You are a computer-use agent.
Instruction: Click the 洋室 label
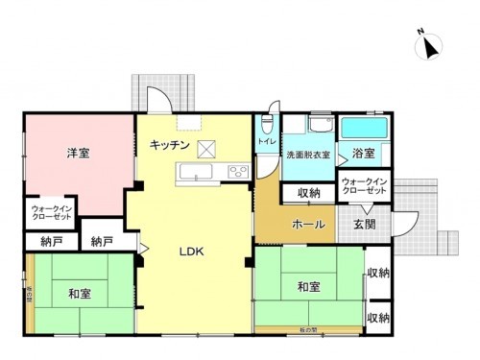(x=79, y=153)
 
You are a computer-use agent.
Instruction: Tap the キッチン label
(x=169, y=145)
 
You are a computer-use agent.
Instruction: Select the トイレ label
(x=266, y=142)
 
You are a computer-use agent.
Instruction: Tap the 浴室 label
(x=364, y=154)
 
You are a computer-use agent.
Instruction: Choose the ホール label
(x=306, y=226)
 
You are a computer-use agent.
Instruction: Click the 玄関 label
(x=364, y=226)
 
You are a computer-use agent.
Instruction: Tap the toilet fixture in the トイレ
(x=267, y=125)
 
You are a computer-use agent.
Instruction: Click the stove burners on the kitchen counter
(x=237, y=172)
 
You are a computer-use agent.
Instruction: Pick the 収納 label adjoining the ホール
(x=308, y=194)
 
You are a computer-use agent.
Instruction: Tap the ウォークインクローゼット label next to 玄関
(x=364, y=187)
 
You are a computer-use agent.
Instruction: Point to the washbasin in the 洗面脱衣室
(x=320, y=127)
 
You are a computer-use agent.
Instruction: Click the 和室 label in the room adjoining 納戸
(x=79, y=293)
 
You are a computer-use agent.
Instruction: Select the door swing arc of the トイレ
(x=273, y=106)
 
